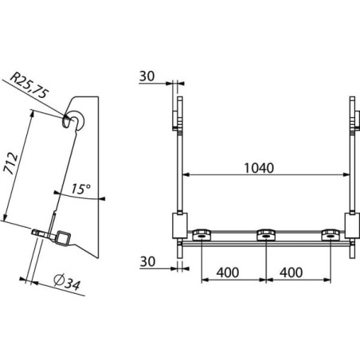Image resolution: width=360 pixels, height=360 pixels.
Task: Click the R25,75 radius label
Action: [x=29, y=85]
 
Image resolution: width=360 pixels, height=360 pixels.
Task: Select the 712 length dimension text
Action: [x=12, y=163]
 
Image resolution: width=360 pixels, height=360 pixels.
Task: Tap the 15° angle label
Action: [x=80, y=189]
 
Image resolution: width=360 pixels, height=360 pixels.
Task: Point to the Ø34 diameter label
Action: [x=66, y=282]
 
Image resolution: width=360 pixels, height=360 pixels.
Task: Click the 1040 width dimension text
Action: [x=259, y=168]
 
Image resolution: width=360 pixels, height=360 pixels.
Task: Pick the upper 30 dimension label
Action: [x=147, y=76]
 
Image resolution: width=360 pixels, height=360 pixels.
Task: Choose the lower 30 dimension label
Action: [x=147, y=261]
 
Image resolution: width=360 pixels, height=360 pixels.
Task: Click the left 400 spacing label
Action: [x=228, y=272]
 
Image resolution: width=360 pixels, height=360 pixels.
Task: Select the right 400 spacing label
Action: [x=291, y=272]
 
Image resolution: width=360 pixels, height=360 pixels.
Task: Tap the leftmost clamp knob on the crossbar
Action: [x=202, y=235]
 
